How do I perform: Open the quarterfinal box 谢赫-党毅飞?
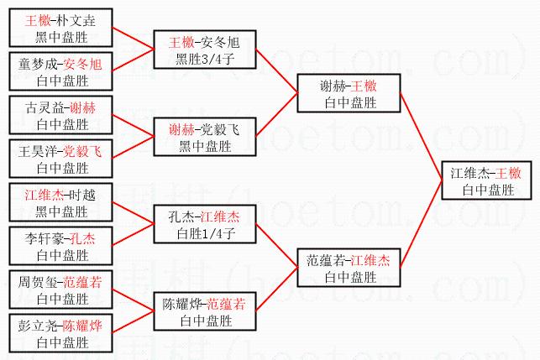pyautogui.click(x=204, y=138)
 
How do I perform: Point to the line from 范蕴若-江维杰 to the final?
pyautogui.click(x=421, y=225)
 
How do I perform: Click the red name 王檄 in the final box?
pyautogui.click(x=509, y=174)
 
